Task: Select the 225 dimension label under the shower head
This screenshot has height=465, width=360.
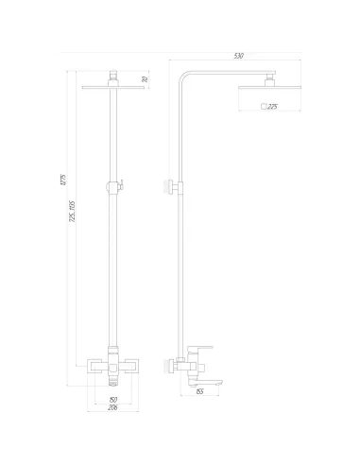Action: pos(272,107)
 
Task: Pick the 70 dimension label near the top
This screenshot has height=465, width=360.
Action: pos(145,79)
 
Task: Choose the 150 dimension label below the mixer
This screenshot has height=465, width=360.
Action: pos(114,400)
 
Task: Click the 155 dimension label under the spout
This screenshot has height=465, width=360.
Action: pos(200,391)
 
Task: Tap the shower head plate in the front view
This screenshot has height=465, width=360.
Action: pos(114,91)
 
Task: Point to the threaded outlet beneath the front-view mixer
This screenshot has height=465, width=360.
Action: pos(114,380)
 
